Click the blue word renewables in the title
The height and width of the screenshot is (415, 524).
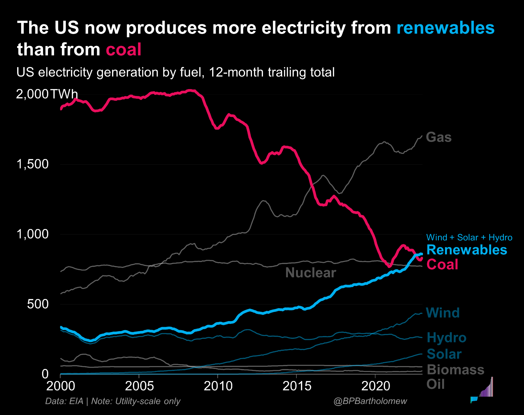tap(445, 28)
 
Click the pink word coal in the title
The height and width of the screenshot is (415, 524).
tap(123, 50)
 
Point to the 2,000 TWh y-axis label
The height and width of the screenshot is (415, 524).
tap(47, 94)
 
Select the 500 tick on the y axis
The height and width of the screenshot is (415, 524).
tap(38, 304)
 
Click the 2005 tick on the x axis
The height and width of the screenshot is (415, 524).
tap(139, 386)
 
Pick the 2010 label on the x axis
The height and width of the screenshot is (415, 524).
tap(218, 386)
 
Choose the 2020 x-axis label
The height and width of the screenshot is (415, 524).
tap(375, 386)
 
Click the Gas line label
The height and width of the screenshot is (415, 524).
tap(439, 137)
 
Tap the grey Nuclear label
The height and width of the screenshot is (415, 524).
tap(311, 273)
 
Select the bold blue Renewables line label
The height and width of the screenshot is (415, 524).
tap(467, 250)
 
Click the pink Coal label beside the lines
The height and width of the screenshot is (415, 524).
tap(442, 264)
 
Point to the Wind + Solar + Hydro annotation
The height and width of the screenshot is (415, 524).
tap(469, 237)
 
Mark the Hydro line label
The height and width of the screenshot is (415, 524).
tap(446, 338)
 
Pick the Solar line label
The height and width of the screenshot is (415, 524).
tap(444, 354)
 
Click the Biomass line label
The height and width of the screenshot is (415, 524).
tap(455, 370)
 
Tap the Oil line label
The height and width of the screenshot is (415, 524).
tap(435, 384)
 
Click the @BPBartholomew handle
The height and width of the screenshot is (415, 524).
tap(370, 401)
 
